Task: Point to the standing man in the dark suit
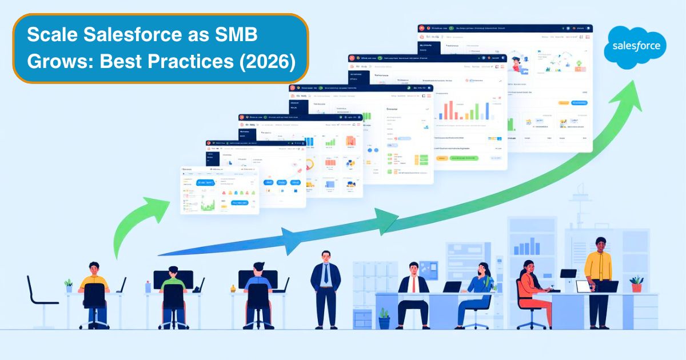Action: click(x=325, y=286)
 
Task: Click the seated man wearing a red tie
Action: click(x=413, y=291)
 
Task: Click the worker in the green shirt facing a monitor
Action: click(x=173, y=291)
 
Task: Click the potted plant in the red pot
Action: click(x=636, y=283)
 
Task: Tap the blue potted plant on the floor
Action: click(x=384, y=318)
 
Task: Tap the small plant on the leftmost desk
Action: click(x=69, y=285)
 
